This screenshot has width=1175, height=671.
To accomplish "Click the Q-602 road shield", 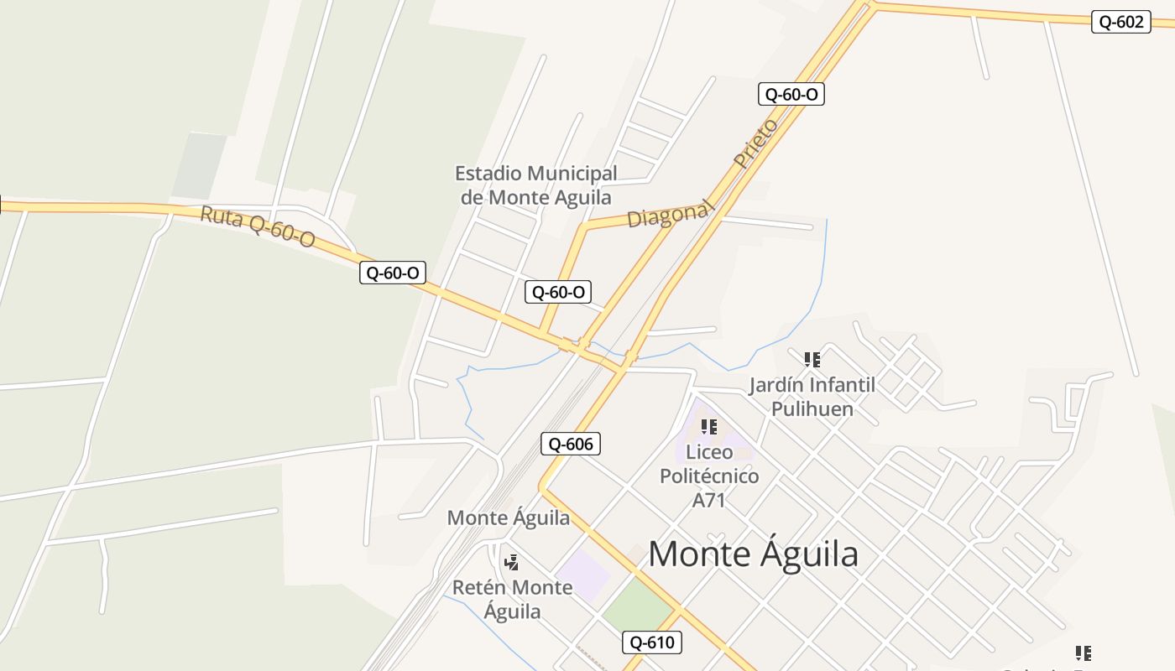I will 1120,22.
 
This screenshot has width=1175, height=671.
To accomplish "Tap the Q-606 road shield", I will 571,444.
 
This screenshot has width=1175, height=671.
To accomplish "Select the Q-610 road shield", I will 652,643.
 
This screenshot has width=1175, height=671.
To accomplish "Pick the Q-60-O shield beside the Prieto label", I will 791,94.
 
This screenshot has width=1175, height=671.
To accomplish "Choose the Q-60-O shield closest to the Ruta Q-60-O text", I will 393,273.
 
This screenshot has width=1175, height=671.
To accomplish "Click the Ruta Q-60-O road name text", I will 257,226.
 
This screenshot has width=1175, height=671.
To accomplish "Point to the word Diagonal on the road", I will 669,215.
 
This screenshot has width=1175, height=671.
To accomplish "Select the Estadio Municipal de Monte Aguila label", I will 536,185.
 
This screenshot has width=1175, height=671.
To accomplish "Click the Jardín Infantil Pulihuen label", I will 812,397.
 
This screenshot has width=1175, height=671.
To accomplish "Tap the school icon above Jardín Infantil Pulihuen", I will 812,360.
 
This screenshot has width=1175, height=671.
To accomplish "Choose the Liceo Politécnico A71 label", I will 709,476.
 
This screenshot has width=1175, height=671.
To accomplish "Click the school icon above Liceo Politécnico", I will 709,427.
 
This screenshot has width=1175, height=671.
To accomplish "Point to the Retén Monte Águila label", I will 512,599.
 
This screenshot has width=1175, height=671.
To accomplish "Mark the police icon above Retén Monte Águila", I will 511,562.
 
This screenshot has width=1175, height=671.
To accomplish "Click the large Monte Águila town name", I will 753,554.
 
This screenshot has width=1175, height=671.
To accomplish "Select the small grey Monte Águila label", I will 508,518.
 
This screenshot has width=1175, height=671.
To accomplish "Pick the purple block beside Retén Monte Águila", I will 582,575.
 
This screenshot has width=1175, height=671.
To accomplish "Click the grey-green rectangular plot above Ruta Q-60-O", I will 199,165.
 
